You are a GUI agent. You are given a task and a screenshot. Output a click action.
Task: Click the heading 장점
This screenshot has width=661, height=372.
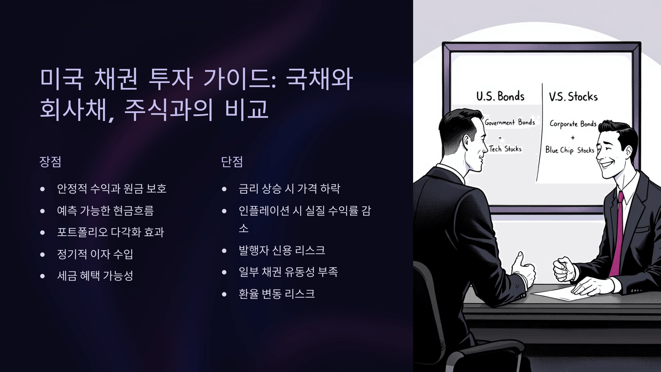50,162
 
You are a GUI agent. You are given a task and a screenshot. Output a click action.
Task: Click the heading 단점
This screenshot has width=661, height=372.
232,162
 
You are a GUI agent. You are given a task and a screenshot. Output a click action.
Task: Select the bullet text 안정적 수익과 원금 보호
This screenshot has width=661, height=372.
112,189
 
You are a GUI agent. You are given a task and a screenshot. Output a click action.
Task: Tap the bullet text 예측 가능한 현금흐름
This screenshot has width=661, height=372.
105,211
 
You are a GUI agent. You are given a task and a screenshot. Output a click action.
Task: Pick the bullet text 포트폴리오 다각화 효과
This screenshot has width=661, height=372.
110,232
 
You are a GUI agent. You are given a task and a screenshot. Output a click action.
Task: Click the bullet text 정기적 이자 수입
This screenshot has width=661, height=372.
95,254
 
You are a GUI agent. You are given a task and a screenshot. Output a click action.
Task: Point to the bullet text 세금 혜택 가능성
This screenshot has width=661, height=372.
95,276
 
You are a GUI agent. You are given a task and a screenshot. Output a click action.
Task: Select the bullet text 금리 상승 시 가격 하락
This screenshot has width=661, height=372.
289,189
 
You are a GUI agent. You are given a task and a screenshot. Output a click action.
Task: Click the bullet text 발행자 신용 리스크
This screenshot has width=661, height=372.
282,250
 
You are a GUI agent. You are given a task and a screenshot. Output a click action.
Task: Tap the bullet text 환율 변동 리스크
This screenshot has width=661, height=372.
277,294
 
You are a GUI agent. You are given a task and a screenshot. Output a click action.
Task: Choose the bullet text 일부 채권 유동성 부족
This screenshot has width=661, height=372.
288,272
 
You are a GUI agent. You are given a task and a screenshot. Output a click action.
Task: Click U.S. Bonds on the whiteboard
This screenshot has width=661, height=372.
500,96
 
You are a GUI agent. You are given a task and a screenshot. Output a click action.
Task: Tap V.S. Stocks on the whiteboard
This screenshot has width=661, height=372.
573,97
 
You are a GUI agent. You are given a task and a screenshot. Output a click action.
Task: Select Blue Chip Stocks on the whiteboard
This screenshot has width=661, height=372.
570,150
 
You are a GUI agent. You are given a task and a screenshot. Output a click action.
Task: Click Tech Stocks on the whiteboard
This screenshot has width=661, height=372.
505,149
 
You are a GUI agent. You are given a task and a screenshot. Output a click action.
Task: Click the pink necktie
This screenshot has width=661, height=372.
617,234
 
